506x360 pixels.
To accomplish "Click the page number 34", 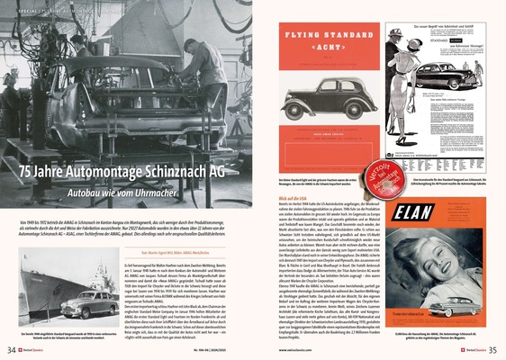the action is coord(11,350).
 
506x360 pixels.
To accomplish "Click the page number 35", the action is coord(493,350).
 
